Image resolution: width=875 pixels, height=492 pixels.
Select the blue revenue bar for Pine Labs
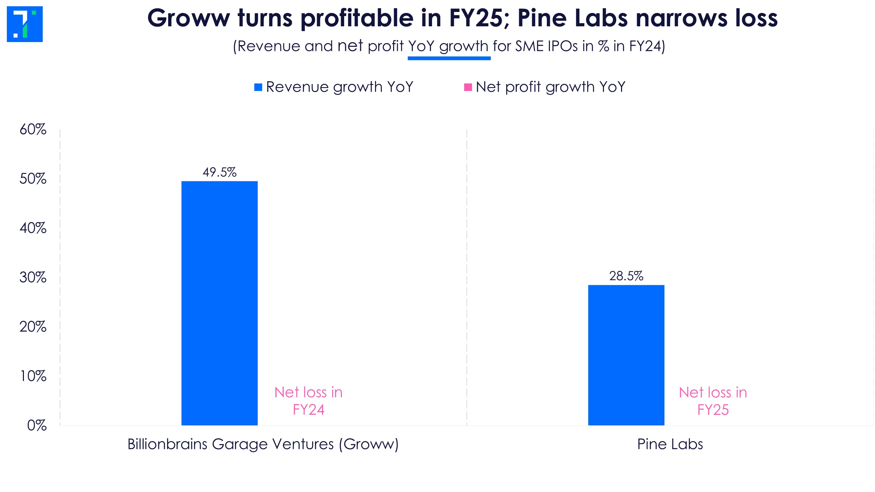pos(626,355)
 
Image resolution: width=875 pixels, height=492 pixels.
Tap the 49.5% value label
pos(219,172)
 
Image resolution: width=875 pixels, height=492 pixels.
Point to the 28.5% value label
pos(626,276)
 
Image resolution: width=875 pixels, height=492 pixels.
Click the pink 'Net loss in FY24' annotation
pos(308,401)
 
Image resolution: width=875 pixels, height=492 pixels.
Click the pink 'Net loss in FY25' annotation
pos(713,401)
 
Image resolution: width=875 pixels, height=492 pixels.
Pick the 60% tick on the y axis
pos(33,129)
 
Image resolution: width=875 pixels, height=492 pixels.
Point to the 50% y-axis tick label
pos(33,179)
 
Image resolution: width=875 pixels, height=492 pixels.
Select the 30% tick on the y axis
pos(33,277)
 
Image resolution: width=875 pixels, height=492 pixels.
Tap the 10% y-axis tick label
pos(33,376)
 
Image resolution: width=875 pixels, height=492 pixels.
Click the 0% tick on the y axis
pos(37,425)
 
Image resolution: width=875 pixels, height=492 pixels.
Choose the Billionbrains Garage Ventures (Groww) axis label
pos(263,444)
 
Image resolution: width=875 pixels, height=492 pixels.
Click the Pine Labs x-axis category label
pos(670,444)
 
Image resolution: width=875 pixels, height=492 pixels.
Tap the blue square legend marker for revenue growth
pos(258,87)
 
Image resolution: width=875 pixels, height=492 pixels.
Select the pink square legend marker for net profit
pos(468,87)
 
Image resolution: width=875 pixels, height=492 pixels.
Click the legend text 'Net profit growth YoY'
pos(550,87)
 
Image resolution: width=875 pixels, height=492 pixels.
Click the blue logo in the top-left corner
pos(25,24)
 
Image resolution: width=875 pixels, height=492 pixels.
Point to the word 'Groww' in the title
pos(189,18)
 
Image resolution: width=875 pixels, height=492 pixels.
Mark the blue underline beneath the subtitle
pos(449,58)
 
